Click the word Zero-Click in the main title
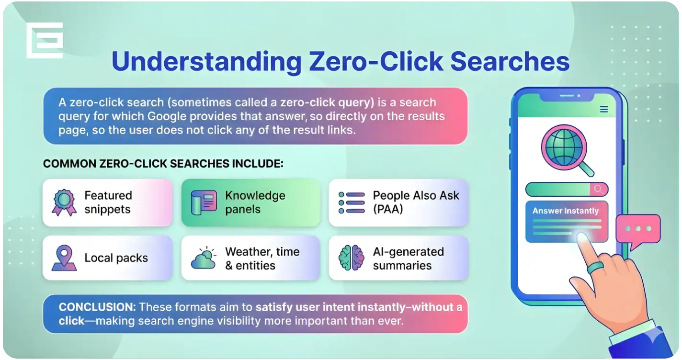pyautogui.click(x=375, y=61)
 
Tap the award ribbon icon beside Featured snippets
pyautogui.click(x=64, y=202)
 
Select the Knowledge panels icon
pyautogui.click(x=204, y=202)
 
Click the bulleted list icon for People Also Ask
pyautogui.click(x=352, y=202)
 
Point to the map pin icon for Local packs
pyautogui.click(x=64, y=258)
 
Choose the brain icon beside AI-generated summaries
pyautogui.click(x=352, y=258)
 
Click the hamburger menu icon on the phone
pyautogui.click(x=604, y=109)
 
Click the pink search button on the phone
pyautogui.click(x=599, y=189)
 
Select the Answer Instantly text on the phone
pyautogui.click(x=566, y=211)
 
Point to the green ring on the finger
pyautogui.click(x=595, y=268)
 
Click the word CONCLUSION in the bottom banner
pyautogui.click(x=97, y=307)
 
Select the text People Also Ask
pyautogui.click(x=416, y=195)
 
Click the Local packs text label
pyautogui.click(x=116, y=258)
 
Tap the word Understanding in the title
pyautogui.click(x=206, y=62)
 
